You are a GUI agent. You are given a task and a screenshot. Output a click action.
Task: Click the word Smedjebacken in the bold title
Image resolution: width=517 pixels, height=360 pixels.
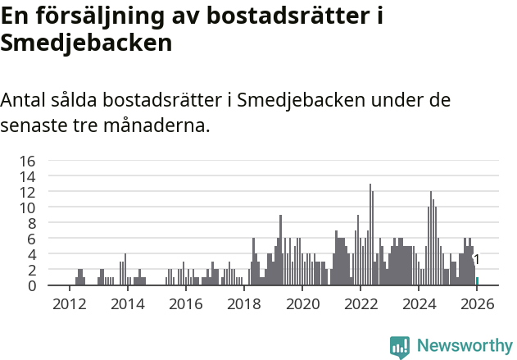click(86, 43)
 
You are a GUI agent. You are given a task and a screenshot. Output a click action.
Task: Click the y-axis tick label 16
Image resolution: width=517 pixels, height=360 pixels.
click(27, 161)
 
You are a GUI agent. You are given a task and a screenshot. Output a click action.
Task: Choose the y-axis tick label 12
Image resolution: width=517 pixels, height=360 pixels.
click(27, 192)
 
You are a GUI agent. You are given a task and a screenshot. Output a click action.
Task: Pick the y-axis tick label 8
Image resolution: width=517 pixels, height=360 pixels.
click(31, 223)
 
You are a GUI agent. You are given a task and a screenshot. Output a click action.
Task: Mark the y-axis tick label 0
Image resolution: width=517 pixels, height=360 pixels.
click(31, 285)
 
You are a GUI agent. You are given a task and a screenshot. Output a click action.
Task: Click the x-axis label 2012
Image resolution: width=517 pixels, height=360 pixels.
click(69, 303)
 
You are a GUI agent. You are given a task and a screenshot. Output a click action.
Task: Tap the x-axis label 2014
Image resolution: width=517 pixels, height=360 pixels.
click(127, 303)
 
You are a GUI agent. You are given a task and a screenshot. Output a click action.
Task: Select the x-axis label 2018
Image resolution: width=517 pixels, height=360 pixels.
click(243, 303)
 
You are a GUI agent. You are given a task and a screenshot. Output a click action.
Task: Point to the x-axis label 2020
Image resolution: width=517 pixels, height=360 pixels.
click(302, 303)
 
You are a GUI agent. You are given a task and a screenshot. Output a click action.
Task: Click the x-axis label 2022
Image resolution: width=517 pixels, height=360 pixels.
click(361, 303)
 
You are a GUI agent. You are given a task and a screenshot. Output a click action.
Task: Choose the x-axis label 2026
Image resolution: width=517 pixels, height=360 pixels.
click(477, 303)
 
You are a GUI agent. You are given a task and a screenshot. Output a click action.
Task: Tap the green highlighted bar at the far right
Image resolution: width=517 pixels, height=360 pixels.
click(477, 281)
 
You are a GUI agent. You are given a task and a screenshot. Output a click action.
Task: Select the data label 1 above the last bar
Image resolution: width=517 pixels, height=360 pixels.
click(477, 260)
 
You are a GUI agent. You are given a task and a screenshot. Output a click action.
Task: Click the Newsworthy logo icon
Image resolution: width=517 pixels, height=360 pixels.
click(399, 347)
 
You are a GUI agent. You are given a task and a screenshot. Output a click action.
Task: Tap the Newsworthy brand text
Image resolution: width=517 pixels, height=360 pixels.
click(464, 346)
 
